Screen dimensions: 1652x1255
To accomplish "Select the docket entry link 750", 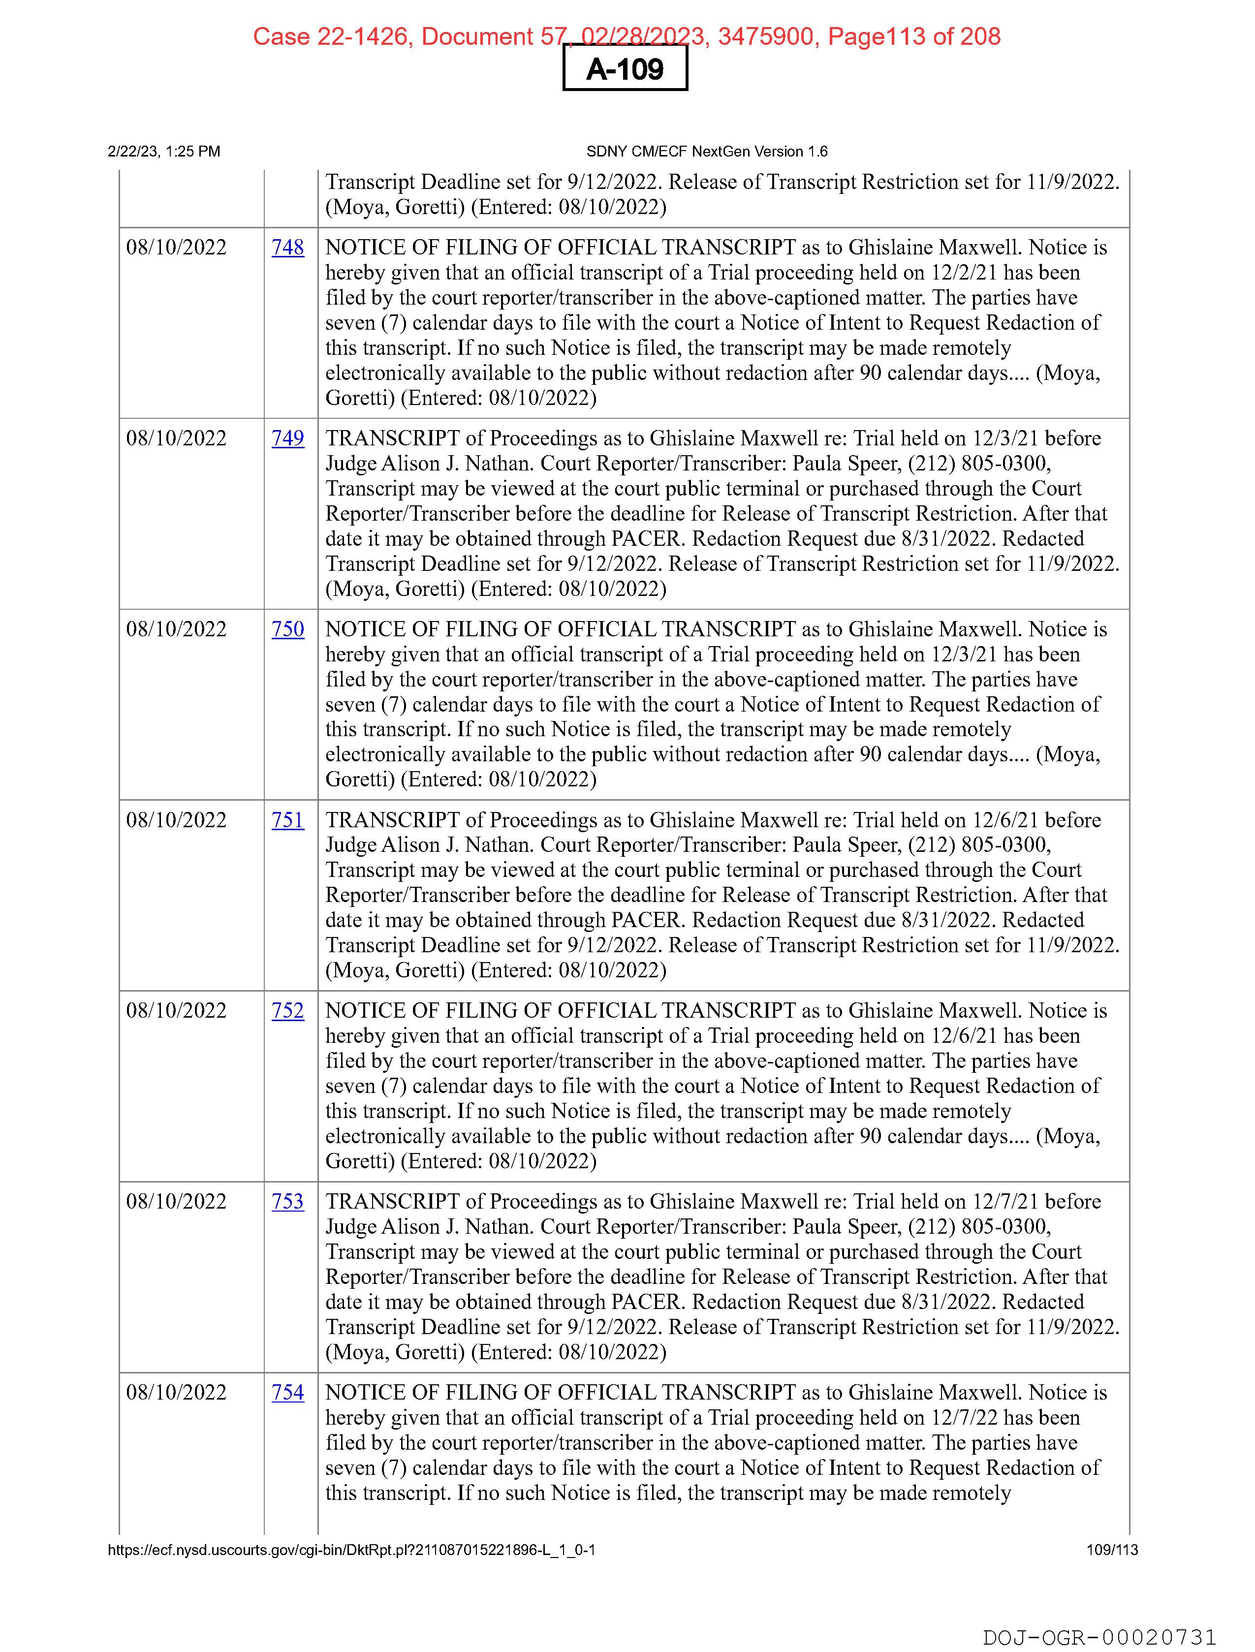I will pyautogui.click(x=287, y=629).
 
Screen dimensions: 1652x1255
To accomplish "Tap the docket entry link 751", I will pyautogui.click(x=287, y=820).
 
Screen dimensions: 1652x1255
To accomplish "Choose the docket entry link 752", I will pyautogui.click(x=287, y=1010).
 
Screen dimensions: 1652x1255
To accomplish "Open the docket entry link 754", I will pyautogui.click(x=287, y=1392).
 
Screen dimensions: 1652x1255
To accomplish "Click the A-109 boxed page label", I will pyautogui.click(x=625, y=69).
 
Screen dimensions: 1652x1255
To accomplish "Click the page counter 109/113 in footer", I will pyautogui.click(x=1112, y=1550).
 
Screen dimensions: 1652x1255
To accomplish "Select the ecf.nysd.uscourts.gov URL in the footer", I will pyautogui.click(x=351, y=1550).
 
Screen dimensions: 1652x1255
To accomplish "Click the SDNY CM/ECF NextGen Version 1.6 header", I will pyautogui.click(x=707, y=152).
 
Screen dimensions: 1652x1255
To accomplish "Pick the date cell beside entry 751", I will pyautogui.click(x=176, y=820).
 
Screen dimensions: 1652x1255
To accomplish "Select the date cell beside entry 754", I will pyautogui.click(x=176, y=1392).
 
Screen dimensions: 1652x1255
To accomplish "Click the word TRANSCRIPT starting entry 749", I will pyautogui.click(x=392, y=438).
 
